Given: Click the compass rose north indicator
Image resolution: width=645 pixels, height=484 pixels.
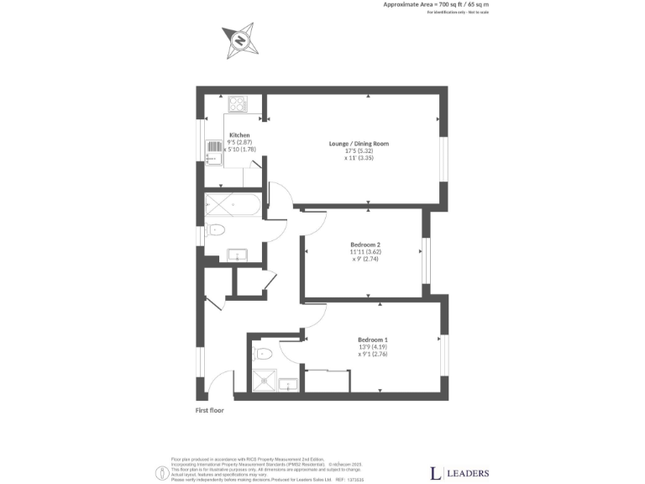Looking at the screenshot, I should tap(239, 40).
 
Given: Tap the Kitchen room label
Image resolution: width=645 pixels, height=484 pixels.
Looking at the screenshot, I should tap(239, 135).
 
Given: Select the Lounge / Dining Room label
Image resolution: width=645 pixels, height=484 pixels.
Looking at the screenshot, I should tap(359, 144).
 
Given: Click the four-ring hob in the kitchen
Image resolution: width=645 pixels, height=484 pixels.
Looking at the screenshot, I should tap(237, 105).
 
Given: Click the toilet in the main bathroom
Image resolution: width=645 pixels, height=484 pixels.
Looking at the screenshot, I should tap(216, 229).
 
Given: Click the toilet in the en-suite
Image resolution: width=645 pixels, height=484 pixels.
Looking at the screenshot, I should tap(261, 354).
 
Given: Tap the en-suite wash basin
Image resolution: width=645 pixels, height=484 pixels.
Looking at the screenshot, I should tap(289, 385).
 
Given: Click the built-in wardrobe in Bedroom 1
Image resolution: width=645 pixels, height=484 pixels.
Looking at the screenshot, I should tap(328, 381).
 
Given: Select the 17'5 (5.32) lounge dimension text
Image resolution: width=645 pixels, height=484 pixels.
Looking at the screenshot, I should tap(359, 151).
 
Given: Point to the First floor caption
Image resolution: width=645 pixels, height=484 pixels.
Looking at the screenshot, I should tap(210, 411).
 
